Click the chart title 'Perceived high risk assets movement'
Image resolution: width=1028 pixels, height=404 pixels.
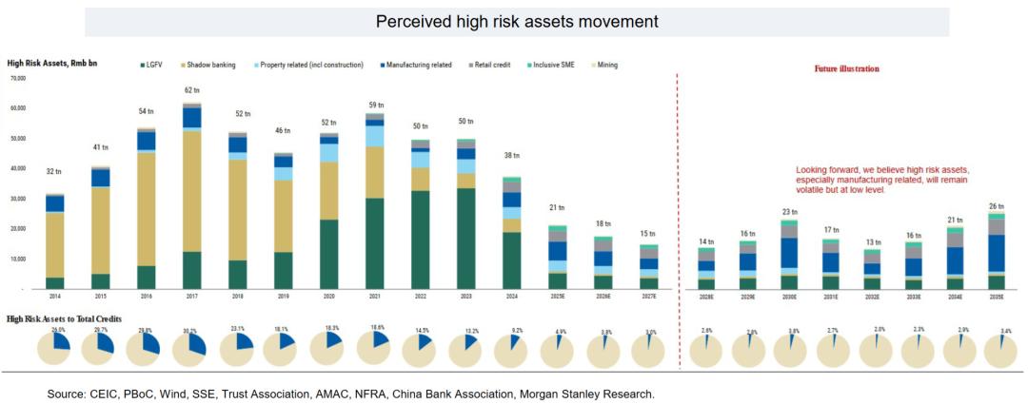pyautogui.click(x=516, y=21)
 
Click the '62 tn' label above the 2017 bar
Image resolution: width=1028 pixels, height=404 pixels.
pyautogui.click(x=192, y=90)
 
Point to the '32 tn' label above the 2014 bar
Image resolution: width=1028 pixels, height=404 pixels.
pyautogui.click(x=55, y=172)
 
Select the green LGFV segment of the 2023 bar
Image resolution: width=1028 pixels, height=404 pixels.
pyautogui.click(x=465, y=238)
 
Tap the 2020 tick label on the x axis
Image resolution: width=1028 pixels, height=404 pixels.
pyautogui.click(x=328, y=298)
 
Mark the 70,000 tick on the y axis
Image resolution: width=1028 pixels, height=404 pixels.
pyautogui.click(x=17, y=78)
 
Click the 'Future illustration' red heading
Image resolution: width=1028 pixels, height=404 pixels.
pyautogui.click(x=847, y=69)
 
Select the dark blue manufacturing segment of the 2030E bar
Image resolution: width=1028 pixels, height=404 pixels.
pyautogui.click(x=788, y=253)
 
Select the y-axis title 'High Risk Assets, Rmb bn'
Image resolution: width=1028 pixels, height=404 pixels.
pyautogui.click(x=52, y=63)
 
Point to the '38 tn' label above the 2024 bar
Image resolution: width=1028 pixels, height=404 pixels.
pyautogui.click(x=511, y=155)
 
